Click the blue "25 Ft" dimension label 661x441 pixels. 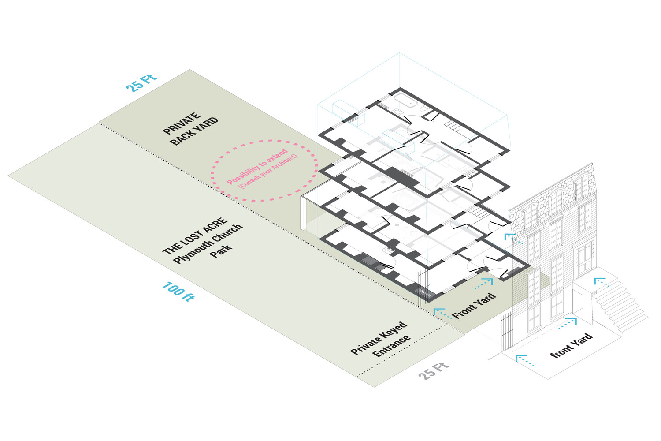click(x=141, y=82)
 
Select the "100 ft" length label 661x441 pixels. click(x=178, y=291)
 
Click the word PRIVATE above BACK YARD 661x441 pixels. click(x=182, y=124)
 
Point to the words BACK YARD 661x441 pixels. click(x=194, y=131)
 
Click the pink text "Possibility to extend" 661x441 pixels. click(x=257, y=167)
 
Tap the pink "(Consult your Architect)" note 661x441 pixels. click(x=268, y=172)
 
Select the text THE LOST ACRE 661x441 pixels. click(x=195, y=236)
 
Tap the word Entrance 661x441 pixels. click(x=391, y=347)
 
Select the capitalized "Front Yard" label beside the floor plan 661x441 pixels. click(x=474, y=305)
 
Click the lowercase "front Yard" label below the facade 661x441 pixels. click(x=572, y=345)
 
